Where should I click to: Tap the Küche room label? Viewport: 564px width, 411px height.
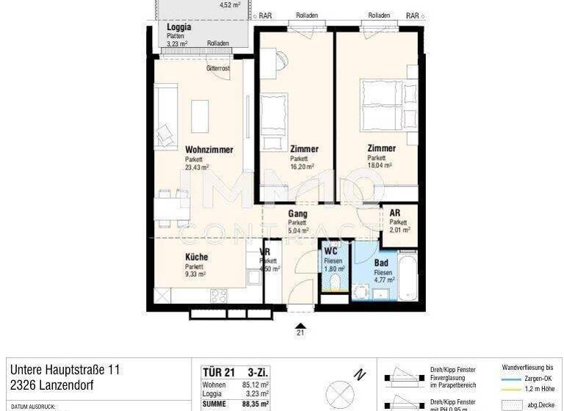[x=196, y=257]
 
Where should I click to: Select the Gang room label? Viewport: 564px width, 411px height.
[x=297, y=214]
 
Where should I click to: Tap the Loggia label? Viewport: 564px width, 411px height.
[x=179, y=27]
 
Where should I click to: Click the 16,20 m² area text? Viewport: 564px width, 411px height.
[x=302, y=167]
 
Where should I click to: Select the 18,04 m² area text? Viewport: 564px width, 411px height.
[x=380, y=166]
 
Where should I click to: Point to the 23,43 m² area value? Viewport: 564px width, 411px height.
[x=197, y=167]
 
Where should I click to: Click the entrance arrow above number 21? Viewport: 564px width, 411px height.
[x=300, y=324]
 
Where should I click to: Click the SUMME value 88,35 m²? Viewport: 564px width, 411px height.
[x=254, y=403]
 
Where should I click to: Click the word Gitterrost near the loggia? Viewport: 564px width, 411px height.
[x=218, y=68]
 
